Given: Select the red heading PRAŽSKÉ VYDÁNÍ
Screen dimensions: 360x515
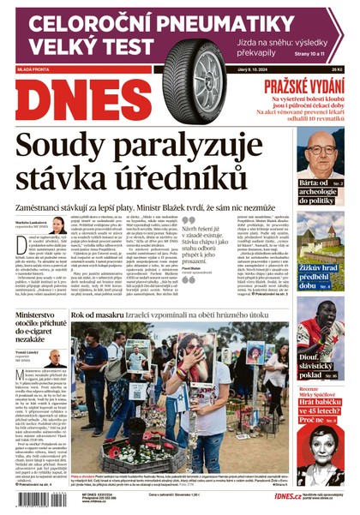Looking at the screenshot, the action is pos(303,86).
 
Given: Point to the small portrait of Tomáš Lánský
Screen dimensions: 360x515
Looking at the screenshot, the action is pos(55,358).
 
